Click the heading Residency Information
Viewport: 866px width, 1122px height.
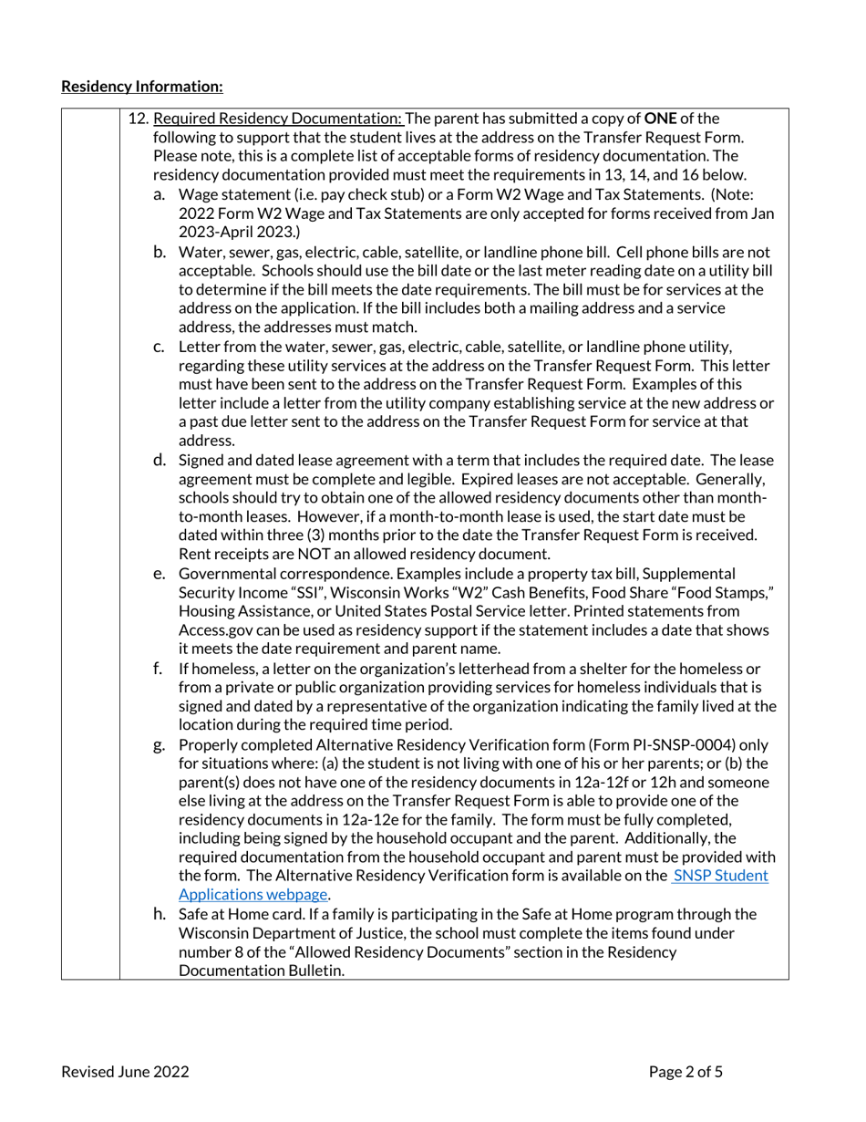click(x=141, y=87)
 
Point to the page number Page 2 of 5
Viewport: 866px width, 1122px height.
click(x=686, y=1072)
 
